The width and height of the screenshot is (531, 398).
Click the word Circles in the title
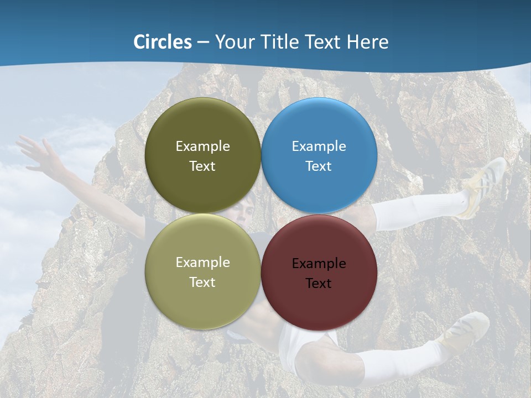[163, 42]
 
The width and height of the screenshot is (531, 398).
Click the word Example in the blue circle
[319, 146]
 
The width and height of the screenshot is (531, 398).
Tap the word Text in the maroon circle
[319, 284]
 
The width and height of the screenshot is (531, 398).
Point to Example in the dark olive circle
[202, 146]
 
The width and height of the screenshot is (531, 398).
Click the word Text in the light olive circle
[202, 282]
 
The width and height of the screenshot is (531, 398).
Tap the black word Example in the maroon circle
[319, 264]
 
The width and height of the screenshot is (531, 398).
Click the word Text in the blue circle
[319, 166]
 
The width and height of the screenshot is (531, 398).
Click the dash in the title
[203, 43]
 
